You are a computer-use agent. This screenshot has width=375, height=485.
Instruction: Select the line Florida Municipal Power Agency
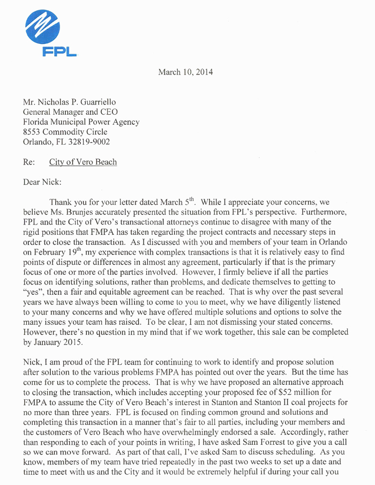[81, 122]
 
